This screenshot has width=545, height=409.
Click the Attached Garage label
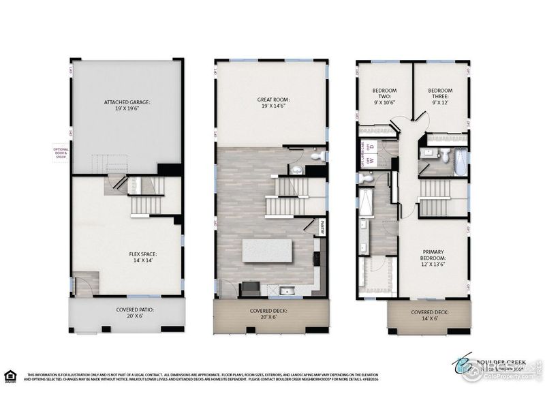coord(127,105)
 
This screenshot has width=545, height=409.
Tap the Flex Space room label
coord(147,257)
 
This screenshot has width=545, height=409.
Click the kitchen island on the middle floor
coord(268,249)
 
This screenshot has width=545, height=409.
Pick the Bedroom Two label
coord(384,95)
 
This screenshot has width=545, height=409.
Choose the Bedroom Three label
coord(440,95)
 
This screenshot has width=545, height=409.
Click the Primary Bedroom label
coord(433,262)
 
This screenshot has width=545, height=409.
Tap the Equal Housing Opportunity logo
coord(10,376)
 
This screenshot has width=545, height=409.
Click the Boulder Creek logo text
coord(497,363)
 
